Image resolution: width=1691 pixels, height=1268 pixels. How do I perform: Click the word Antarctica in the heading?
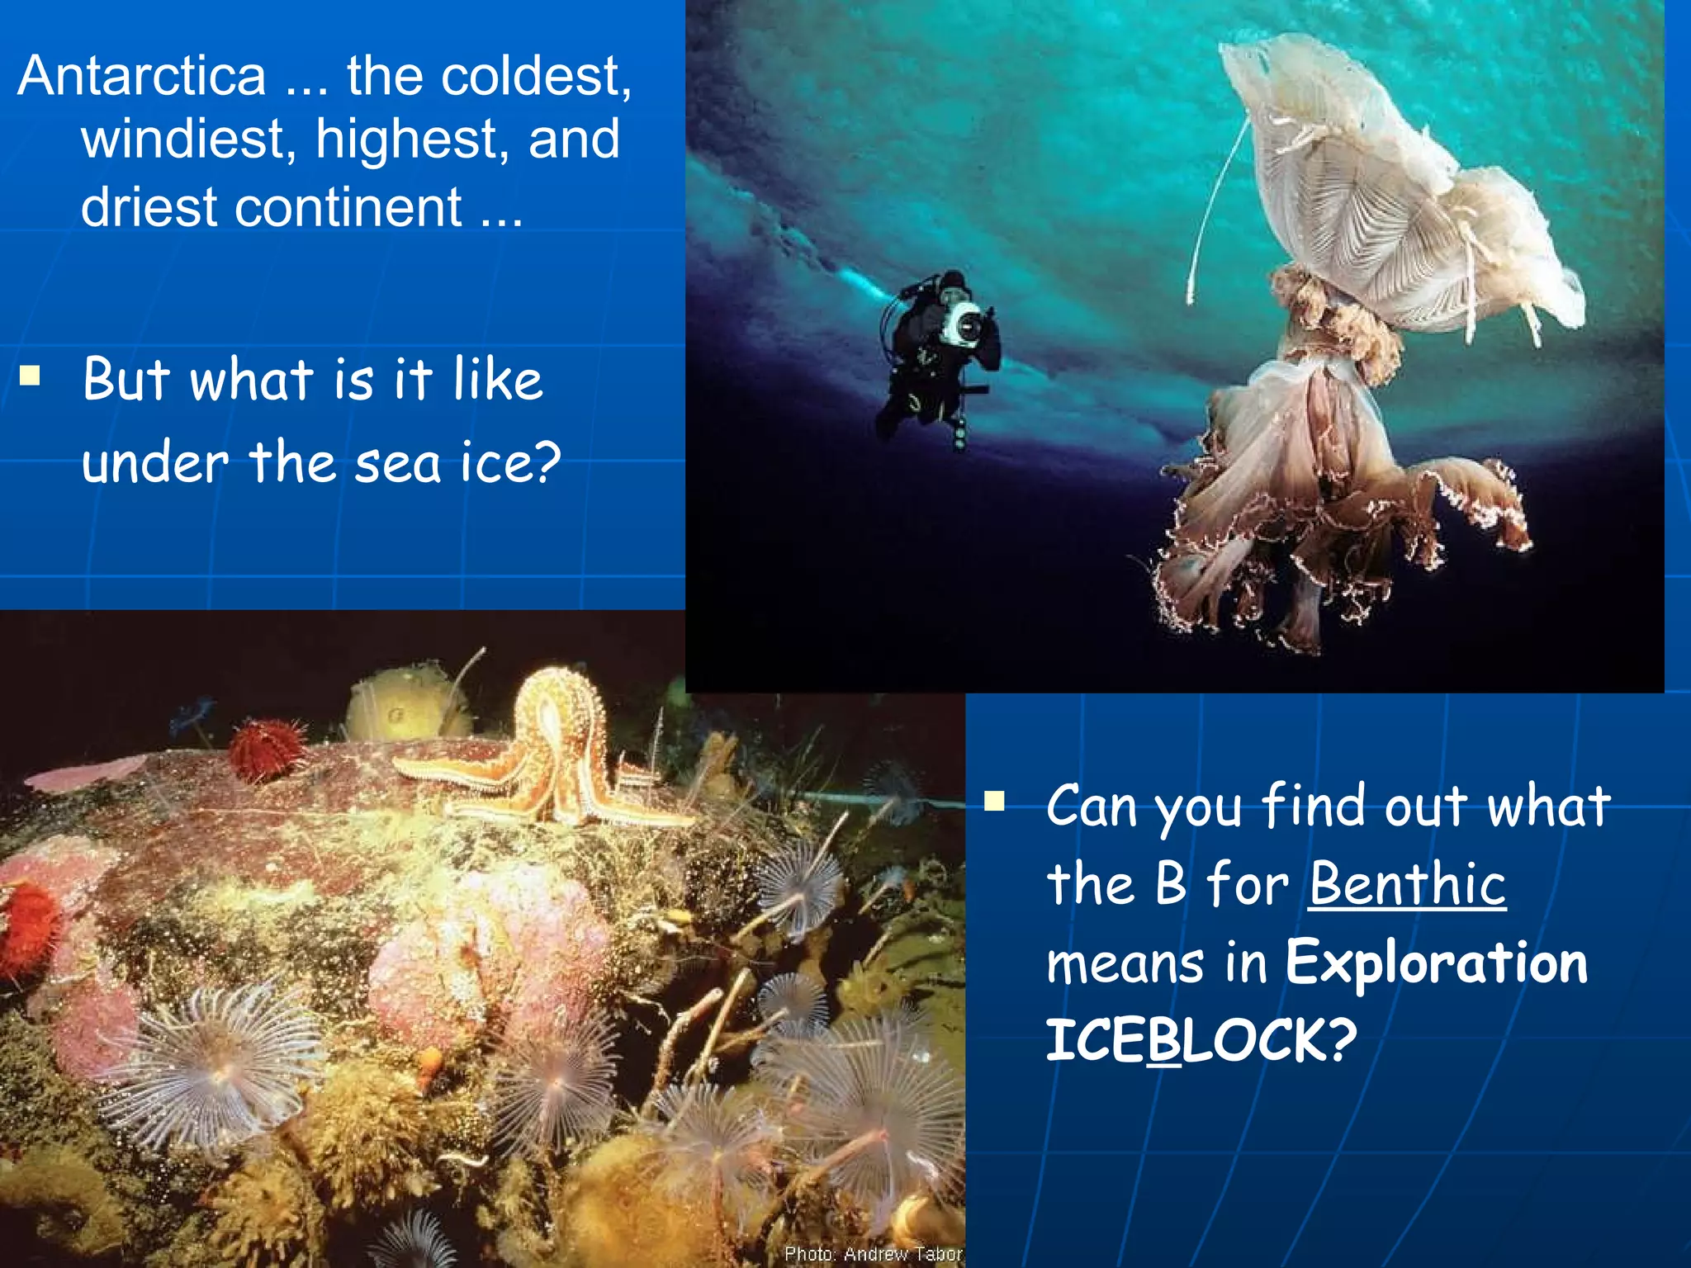tap(142, 76)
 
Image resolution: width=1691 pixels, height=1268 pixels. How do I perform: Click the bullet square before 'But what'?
tap(31, 376)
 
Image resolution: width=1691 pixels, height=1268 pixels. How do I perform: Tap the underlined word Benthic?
tap(1407, 883)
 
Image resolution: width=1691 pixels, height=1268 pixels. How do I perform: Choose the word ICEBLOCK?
tap(1201, 1040)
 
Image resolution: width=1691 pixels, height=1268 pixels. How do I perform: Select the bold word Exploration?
tap(1437, 963)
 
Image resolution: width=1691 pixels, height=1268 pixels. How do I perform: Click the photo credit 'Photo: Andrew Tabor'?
tap(873, 1254)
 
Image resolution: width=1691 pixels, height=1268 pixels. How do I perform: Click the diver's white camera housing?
tap(963, 324)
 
